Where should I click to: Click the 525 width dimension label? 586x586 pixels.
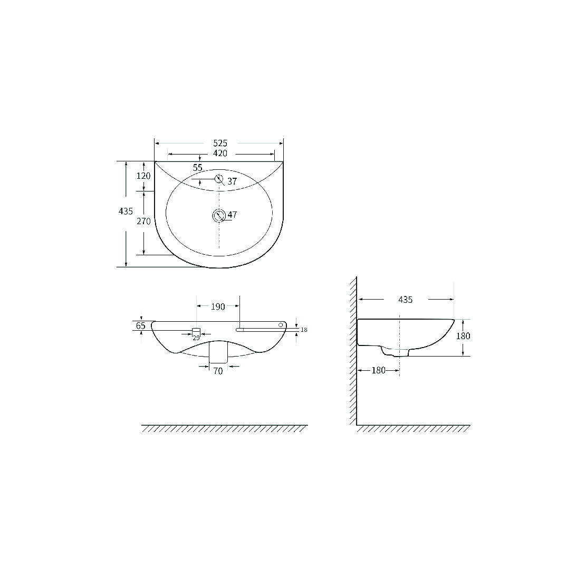coord(220,143)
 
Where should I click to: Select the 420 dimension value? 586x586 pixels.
coord(220,153)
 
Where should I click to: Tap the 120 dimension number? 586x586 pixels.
coord(143,176)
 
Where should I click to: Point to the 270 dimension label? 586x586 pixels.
coord(143,221)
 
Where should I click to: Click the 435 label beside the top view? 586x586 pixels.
coord(126,211)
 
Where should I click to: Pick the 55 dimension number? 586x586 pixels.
coord(198,168)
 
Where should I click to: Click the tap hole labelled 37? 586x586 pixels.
coord(219,179)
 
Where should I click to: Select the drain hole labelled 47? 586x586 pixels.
coord(219,215)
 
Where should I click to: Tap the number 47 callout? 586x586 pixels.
coord(232,215)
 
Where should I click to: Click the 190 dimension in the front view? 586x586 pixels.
coord(218,307)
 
